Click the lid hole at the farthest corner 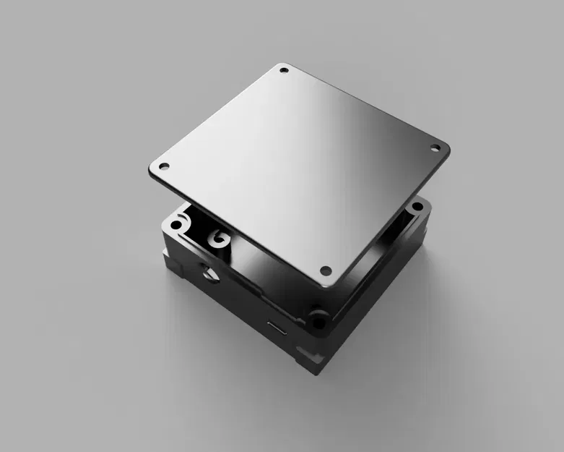(x=284, y=71)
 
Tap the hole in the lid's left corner (x=164, y=166)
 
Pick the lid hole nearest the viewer (x=325, y=271)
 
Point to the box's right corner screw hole (x=417, y=208)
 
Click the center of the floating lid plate (x=300, y=170)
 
